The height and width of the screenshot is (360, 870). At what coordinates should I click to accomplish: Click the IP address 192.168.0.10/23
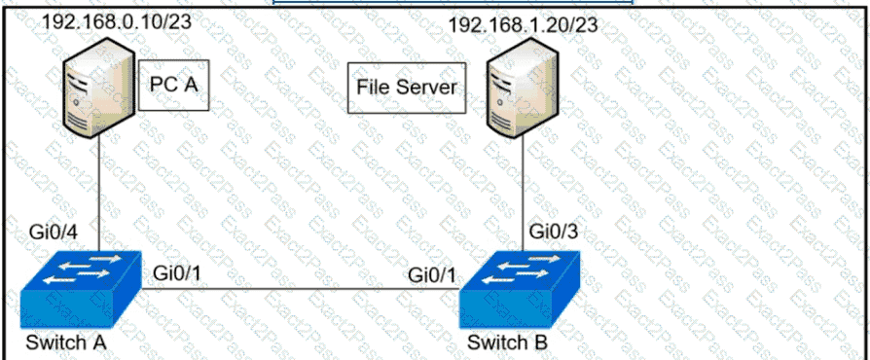pyautogui.click(x=117, y=21)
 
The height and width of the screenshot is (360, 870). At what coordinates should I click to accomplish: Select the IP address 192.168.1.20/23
pyautogui.click(x=524, y=25)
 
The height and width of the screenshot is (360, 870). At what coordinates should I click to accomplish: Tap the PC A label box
pyautogui.click(x=173, y=85)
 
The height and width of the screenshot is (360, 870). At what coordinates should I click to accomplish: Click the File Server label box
pyautogui.click(x=407, y=88)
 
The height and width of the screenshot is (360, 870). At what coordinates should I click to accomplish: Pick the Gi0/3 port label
pyautogui.click(x=553, y=232)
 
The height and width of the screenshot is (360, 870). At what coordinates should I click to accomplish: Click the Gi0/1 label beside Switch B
pyautogui.click(x=433, y=274)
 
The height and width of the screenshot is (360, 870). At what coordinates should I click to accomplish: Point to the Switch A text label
pyautogui.click(x=66, y=342)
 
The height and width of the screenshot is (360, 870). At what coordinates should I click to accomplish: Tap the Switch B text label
pyautogui.click(x=507, y=342)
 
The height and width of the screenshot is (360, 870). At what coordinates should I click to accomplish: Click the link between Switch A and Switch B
pyautogui.click(x=301, y=288)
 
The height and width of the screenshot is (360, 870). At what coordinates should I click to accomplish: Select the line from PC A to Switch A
pyautogui.click(x=98, y=195)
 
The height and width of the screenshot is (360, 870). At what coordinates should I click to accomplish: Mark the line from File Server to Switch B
pyautogui.click(x=523, y=195)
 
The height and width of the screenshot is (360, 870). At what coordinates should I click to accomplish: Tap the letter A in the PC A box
pyautogui.click(x=191, y=85)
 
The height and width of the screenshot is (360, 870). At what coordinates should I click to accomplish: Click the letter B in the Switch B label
pyautogui.click(x=541, y=342)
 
